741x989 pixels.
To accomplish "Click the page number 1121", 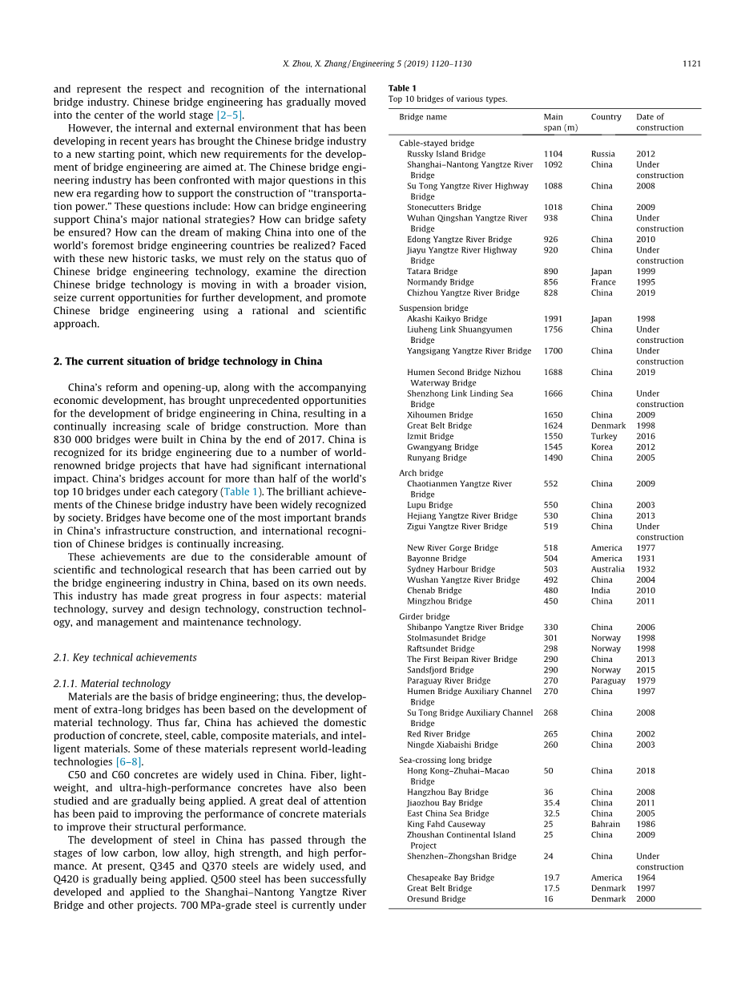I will pyautogui.click(x=691, y=64).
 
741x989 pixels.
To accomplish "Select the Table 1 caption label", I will pyautogui.click(x=402, y=88).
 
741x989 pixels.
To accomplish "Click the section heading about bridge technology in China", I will pyautogui.click(x=187, y=361).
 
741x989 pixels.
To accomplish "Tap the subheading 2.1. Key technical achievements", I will pyautogui.click(x=124, y=657).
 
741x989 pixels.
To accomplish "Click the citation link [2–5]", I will pyautogui.click(x=230, y=115).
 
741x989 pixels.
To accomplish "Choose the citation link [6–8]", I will pyautogui.click(x=129, y=762).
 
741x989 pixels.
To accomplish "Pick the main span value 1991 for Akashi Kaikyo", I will pyautogui.click(x=554, y=319).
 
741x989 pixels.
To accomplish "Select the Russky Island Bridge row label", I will pyautogui.click(x=445, y=154).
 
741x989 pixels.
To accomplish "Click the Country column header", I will pyautogui.click(x=606, y=117).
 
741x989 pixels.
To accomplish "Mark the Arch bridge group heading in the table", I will pyautogui.click(x=421, y=474).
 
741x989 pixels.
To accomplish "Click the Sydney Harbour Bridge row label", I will pyautogui.click(x=450, y=569).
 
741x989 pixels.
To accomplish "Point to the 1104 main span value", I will pyautogui.click(x=554, y=154).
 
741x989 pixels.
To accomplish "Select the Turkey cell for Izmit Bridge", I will pyautogui.click(x=604, y=437).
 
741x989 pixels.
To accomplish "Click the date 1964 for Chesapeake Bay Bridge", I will pyautogui.click(x=645, y=878).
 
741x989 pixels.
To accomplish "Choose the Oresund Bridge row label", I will pyautogui.click(x=436, y=899).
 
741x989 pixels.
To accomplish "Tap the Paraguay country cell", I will pyautogui.click(x=608, y=680).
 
